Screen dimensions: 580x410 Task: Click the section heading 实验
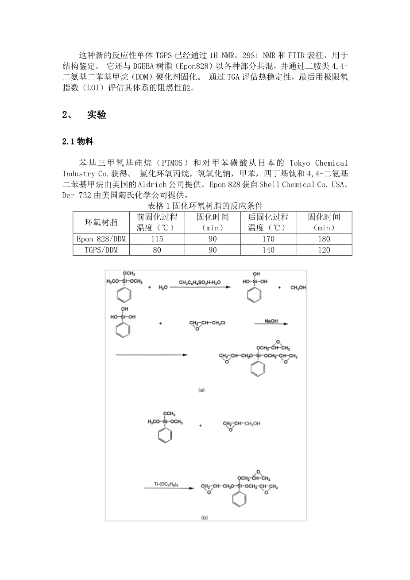click(97, 115)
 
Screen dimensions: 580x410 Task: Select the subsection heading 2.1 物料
click(77, 142)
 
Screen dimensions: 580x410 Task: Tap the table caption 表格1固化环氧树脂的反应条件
click(205, 206)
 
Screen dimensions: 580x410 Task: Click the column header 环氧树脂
click(101, 222)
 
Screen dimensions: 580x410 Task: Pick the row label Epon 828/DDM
click(101, 239)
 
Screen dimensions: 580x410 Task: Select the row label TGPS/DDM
click(101, 250)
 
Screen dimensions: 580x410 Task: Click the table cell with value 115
click(157, 239)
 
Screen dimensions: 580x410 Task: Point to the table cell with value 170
click(268, 239)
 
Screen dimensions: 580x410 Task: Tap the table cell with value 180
click(324, 239)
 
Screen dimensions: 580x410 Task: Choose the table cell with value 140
click(268, 250)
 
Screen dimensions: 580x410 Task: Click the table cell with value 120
click(324, 250)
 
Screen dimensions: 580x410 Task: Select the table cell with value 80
click(157, 250)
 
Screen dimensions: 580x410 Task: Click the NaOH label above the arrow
click(271, 320)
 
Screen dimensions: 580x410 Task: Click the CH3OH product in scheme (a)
click(298, 288)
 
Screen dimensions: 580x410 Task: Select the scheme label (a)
click(201, 390)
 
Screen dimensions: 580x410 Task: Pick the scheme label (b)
click(204, 517)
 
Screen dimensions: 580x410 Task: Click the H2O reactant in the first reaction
click(163, 288)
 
